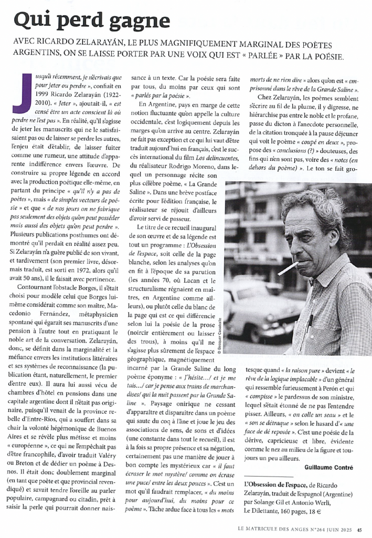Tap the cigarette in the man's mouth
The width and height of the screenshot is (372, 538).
click(x=288, y=268)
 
